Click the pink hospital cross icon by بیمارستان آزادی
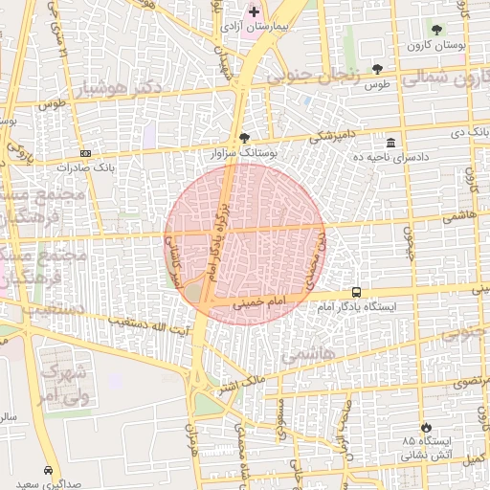(254, 12)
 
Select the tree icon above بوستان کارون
(437, 31)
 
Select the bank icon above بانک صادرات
(86, 152)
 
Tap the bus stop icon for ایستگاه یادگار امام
(356, 292)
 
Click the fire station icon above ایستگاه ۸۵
(426, 427)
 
